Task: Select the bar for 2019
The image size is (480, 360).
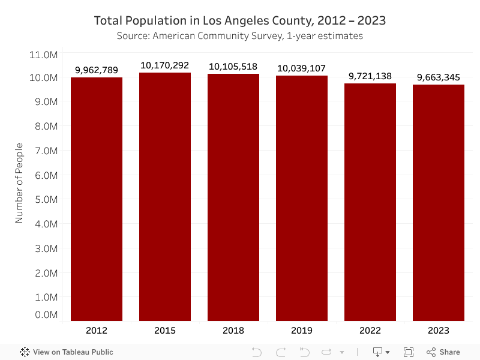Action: point(302,198)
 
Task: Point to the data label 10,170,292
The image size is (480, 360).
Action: point(165,65)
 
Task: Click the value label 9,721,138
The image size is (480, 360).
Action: point(370,76)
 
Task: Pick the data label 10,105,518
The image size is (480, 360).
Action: point(233,67)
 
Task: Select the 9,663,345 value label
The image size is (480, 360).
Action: point(439,77)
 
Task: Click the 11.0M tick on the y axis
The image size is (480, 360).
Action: point(43,55)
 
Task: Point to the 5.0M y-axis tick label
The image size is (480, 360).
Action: point(43,199)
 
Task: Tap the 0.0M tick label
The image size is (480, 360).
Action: point(43,315)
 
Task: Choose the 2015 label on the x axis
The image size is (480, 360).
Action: point(165,331)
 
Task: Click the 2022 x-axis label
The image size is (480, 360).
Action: point(370,331)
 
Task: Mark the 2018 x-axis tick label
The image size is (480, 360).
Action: point(233,331)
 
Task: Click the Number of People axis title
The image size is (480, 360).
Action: point(19,183)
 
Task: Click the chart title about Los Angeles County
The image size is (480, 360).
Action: point(240,20)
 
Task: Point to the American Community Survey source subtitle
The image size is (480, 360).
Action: point(240,36)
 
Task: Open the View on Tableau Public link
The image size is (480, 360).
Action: point(67,352)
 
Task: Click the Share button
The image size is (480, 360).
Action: point(443,352)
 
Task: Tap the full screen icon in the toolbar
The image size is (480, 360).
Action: point(409,352)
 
